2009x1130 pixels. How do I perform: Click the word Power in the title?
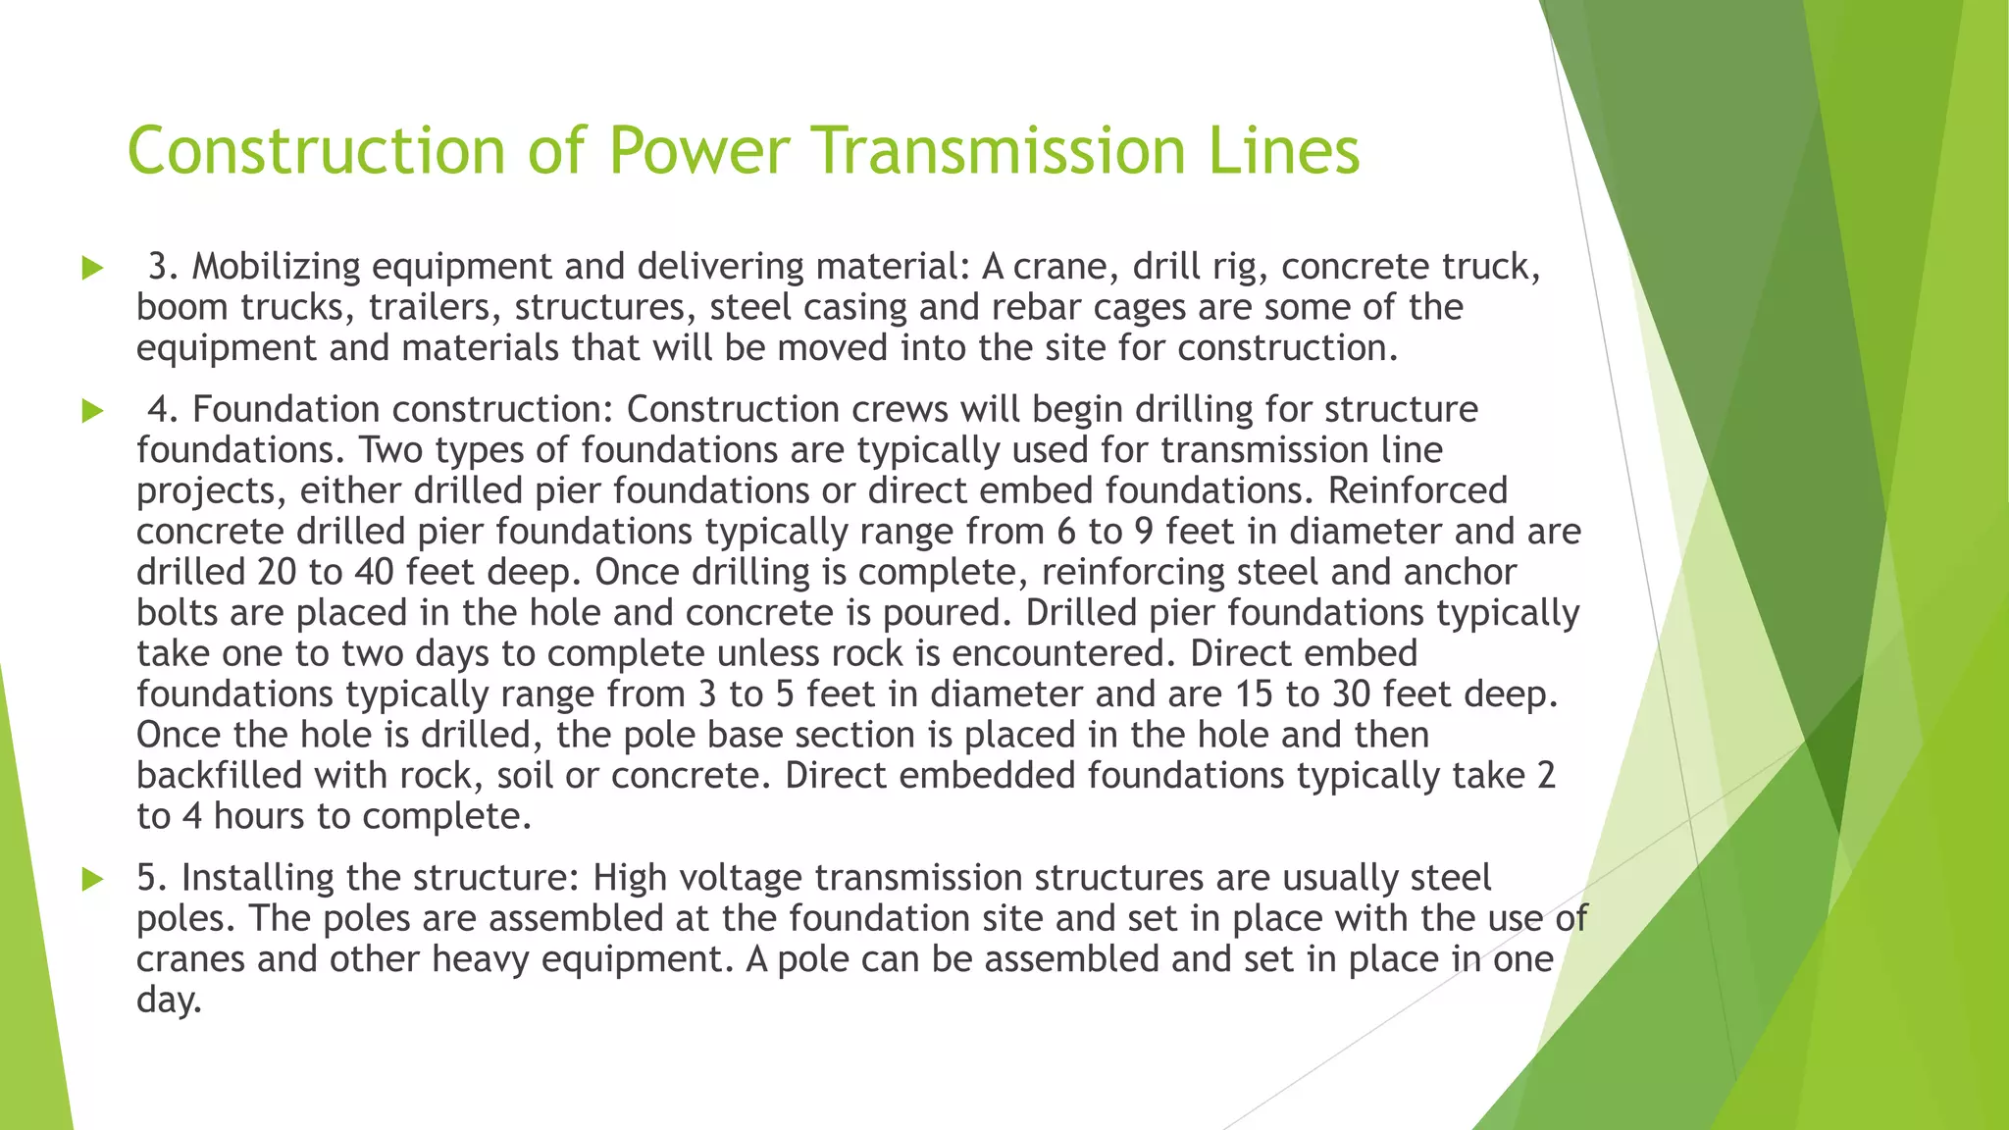(x=698, y=151)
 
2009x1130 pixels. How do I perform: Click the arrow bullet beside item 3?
(x=93, y=268)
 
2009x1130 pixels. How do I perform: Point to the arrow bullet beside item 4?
(x=93, y=411)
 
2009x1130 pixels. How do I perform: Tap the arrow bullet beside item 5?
(x=93, y=879)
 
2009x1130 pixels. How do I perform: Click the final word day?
(x=168, y=1001)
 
